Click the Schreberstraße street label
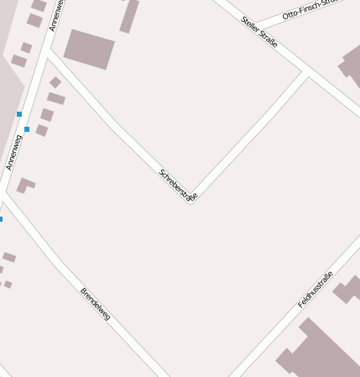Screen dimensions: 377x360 [178, 186]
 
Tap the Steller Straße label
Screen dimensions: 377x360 [258, 31]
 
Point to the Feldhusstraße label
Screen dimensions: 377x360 [316, 289]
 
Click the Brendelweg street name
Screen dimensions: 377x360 [95, 304]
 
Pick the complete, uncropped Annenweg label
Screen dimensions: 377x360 [13, 151]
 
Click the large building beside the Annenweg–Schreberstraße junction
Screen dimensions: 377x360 [89, 49]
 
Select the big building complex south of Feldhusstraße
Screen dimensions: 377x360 [316, 353]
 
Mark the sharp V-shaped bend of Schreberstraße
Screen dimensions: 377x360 [191, 202]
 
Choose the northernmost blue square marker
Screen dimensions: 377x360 [18, 113]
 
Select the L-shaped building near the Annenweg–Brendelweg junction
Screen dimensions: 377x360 [25, 184]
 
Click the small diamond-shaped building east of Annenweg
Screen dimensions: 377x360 [55, 82]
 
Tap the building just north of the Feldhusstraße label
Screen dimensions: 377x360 [347, 290]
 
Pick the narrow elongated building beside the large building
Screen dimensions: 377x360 [129, 16]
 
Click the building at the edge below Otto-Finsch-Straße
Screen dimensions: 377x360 [350, 67]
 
